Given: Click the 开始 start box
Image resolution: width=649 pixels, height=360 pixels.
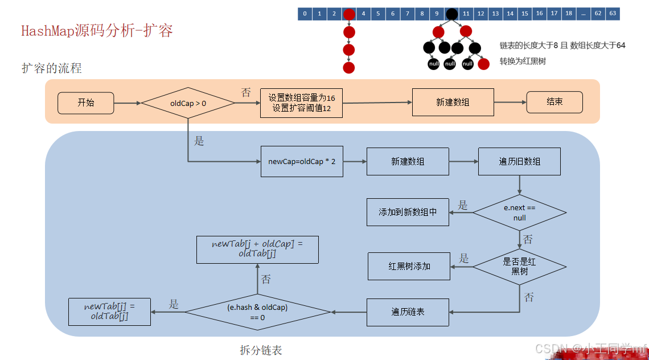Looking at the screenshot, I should [x=85, y=103].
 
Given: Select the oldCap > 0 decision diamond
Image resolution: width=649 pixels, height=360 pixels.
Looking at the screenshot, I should [x=188, y=103].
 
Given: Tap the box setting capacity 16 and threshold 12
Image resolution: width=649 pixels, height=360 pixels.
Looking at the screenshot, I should [x=301, y=103].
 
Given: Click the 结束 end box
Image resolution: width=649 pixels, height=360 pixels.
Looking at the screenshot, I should [x=554, y=103].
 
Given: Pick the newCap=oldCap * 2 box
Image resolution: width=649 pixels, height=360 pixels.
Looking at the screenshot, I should [x=302, y=162].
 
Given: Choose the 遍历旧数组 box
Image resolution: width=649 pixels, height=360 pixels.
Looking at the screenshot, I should [x=519, y=162].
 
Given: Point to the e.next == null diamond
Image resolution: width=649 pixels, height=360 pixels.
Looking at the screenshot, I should [x=519, y=212].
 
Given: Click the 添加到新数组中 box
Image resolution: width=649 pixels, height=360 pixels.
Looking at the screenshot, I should [x=408, y=212].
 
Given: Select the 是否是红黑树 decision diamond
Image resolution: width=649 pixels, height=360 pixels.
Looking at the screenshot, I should [x=519, y=267].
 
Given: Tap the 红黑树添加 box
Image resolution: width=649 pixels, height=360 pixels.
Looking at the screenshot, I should [x=409, y=266].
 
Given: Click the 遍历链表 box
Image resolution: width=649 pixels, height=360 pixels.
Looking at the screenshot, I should [x=408, y=312].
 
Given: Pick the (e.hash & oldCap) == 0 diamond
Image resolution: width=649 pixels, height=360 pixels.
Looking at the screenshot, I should [x=257, y=312].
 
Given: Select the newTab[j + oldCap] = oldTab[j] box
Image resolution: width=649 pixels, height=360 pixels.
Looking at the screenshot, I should [x=257, y=249].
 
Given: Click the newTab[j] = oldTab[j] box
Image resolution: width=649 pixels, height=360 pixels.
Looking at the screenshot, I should [x=109, y=312].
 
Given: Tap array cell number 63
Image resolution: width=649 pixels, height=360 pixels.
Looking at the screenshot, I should [x=613, y=14].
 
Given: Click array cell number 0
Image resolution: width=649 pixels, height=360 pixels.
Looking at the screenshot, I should [x=305, y=14].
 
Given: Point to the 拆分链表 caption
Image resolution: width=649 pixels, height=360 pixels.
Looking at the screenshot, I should [x=261, y=350].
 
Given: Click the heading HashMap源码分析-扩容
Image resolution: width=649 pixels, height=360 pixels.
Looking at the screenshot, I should [x=97, y=31].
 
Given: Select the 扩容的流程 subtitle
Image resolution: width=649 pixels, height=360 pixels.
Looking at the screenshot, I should [x=52, y=68].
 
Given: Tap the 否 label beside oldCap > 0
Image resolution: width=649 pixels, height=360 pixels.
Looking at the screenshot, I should [x=246, y=92].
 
